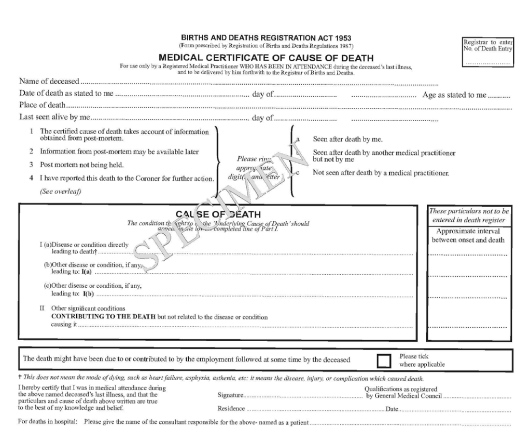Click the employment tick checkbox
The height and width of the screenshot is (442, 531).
384,361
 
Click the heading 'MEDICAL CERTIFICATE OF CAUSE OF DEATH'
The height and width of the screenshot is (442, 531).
265,58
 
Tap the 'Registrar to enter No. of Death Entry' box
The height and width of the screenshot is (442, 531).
487,52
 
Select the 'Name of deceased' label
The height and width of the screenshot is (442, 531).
49,81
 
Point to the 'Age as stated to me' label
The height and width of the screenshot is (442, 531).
454,95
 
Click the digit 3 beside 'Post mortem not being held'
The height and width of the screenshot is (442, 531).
32,165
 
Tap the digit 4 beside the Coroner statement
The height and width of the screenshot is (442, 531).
32,179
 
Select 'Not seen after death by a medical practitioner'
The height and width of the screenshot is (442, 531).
381,173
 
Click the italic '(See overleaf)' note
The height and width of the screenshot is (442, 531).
60,191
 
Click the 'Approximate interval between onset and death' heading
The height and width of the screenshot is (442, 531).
468,236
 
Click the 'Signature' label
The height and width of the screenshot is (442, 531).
230,397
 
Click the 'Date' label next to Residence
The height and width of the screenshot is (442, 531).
392,409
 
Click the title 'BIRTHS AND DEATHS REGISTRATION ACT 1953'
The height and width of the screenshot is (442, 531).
265,38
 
